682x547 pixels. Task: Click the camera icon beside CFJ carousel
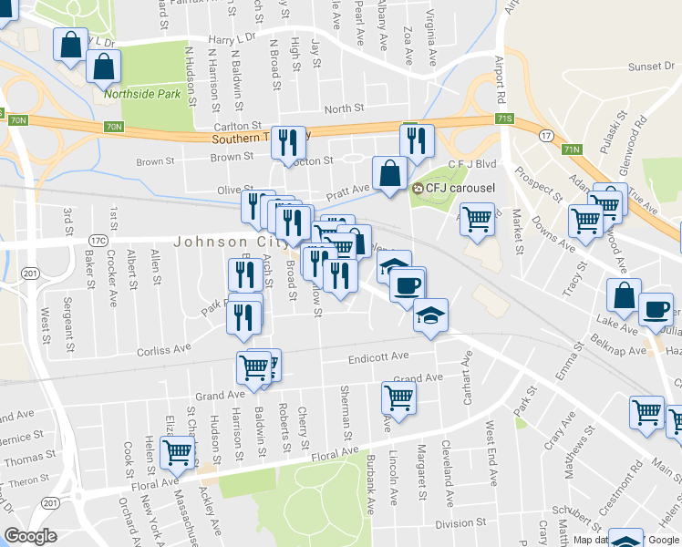[418, 189]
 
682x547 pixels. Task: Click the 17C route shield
[98, 241]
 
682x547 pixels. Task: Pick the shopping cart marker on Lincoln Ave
[398, 397]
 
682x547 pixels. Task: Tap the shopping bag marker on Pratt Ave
[389, 172]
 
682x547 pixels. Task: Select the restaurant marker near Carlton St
[289, 140]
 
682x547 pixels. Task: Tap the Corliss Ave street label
[163, 348]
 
